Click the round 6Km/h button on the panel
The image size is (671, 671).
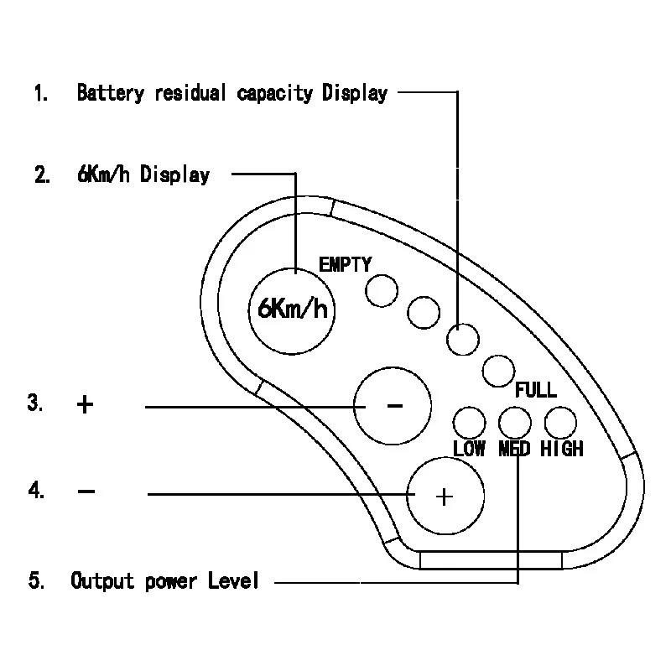click(292, 311)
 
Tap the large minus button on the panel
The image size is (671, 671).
click(393, 406)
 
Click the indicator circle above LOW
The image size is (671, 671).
click(469, 423)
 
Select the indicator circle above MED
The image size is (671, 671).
click(515, 423)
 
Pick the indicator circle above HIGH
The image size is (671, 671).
click(560, 423)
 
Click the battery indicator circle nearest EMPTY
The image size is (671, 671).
click(382, 291)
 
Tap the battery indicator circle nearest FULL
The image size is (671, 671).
click(498, 371)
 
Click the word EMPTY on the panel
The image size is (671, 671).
click(346, 264)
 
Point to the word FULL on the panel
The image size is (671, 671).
click(536, 389)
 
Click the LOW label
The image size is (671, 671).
click(469, 449)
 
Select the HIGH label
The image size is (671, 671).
click(561, 449)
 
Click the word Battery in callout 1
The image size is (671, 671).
click(111, 93)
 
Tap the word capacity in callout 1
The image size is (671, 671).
click(275, 94)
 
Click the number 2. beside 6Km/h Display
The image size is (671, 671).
click(42, 174)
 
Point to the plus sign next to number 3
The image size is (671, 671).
click(85, 404)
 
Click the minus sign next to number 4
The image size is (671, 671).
click(86, 492)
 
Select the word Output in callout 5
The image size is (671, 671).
click(102, 581)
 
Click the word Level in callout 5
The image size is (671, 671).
click(233, 580)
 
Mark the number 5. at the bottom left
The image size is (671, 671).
click(36, 580)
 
